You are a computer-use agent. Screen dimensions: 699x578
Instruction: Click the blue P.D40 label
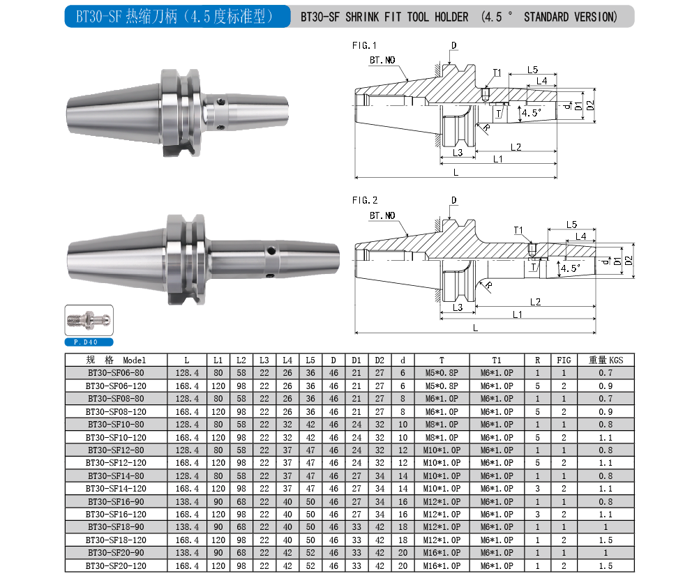[89, 342]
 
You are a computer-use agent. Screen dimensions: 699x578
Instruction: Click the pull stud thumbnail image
[89, 320]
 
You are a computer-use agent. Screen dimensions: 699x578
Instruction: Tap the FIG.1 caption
[364, 45]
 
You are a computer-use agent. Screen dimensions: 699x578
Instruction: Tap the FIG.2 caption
[365, 200]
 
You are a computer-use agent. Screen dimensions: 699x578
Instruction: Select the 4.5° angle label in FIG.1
[532, 113]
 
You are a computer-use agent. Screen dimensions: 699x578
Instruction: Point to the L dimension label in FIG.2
[475, 328]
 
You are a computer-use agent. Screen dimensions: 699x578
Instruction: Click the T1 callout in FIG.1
[497, 73]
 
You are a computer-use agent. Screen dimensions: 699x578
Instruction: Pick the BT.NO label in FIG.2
[382, 215]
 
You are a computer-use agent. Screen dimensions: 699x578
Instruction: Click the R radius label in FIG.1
[487, 128]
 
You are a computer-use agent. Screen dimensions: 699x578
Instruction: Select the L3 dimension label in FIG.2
[458, 307]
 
